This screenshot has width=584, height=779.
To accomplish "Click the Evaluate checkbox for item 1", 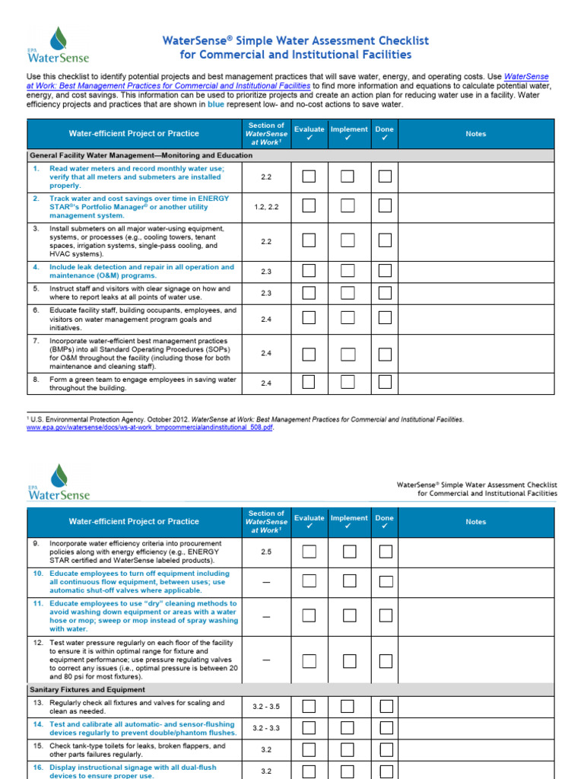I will click(309, 176).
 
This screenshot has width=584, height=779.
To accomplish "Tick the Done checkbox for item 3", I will click(386, 241).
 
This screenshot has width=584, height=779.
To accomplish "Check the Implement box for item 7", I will click(348, 354).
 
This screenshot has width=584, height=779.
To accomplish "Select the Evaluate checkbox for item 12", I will click(309, 661).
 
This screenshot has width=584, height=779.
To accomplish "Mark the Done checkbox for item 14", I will click(386, 728).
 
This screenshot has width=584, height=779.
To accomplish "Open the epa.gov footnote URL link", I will click(150, 428).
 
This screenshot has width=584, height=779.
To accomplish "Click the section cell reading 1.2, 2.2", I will click(266, 206).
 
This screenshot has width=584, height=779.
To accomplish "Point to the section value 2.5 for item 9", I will click(266, 552).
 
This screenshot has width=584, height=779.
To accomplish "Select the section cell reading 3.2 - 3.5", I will click(266, 707).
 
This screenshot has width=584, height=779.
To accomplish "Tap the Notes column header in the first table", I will click(475, 134).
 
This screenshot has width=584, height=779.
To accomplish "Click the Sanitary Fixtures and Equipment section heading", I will click(87, 689).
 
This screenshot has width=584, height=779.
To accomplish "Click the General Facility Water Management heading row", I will click(141, 155).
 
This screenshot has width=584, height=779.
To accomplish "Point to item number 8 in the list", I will click(36, 379).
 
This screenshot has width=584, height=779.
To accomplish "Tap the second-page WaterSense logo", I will click(59, 482).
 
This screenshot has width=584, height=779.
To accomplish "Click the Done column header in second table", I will click(385, 522).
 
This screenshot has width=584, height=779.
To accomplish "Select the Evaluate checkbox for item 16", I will click(309, 771).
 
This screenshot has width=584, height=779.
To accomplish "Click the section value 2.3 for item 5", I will click(266, 293).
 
